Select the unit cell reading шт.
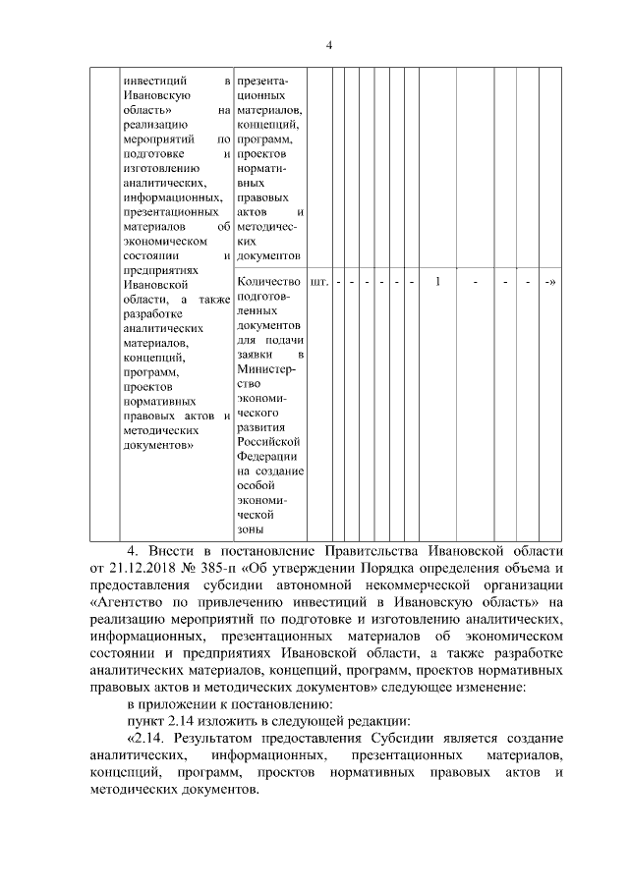click(319, 283)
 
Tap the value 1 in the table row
click(437, 283)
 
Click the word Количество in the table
click(269, 283)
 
